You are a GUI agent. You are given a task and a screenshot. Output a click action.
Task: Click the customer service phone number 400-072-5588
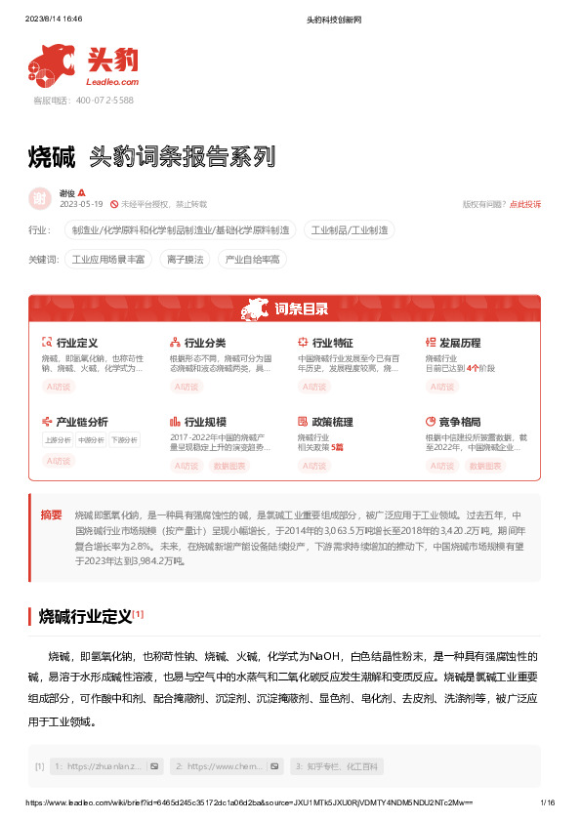pyautogui.click(x=84, y=100)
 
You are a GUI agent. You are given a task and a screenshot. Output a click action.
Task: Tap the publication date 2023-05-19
pyautogui.click(x=81, y=204)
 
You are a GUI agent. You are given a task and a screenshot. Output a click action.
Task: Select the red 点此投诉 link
pyautogui.click(x=525, y=204)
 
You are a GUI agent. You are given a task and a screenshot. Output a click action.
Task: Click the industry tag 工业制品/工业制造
pyautogui.click(x=351, y=230)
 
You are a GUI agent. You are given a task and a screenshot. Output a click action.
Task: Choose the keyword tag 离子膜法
pyautogui.click(x=185, y=260)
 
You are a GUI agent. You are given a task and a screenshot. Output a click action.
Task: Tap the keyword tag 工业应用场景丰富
pyautogui.click(x=108, y=260)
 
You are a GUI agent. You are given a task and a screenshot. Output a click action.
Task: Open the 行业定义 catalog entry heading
pyautogui.click(x=77, y=344)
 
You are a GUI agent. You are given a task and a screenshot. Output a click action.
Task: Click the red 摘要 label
pyautogui.click(x=51, y=514)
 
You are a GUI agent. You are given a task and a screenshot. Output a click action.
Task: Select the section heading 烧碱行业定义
pyautogui.click(x=85, y=616)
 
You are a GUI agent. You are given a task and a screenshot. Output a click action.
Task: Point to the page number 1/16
pyautogui.click(x=548, y=802)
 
